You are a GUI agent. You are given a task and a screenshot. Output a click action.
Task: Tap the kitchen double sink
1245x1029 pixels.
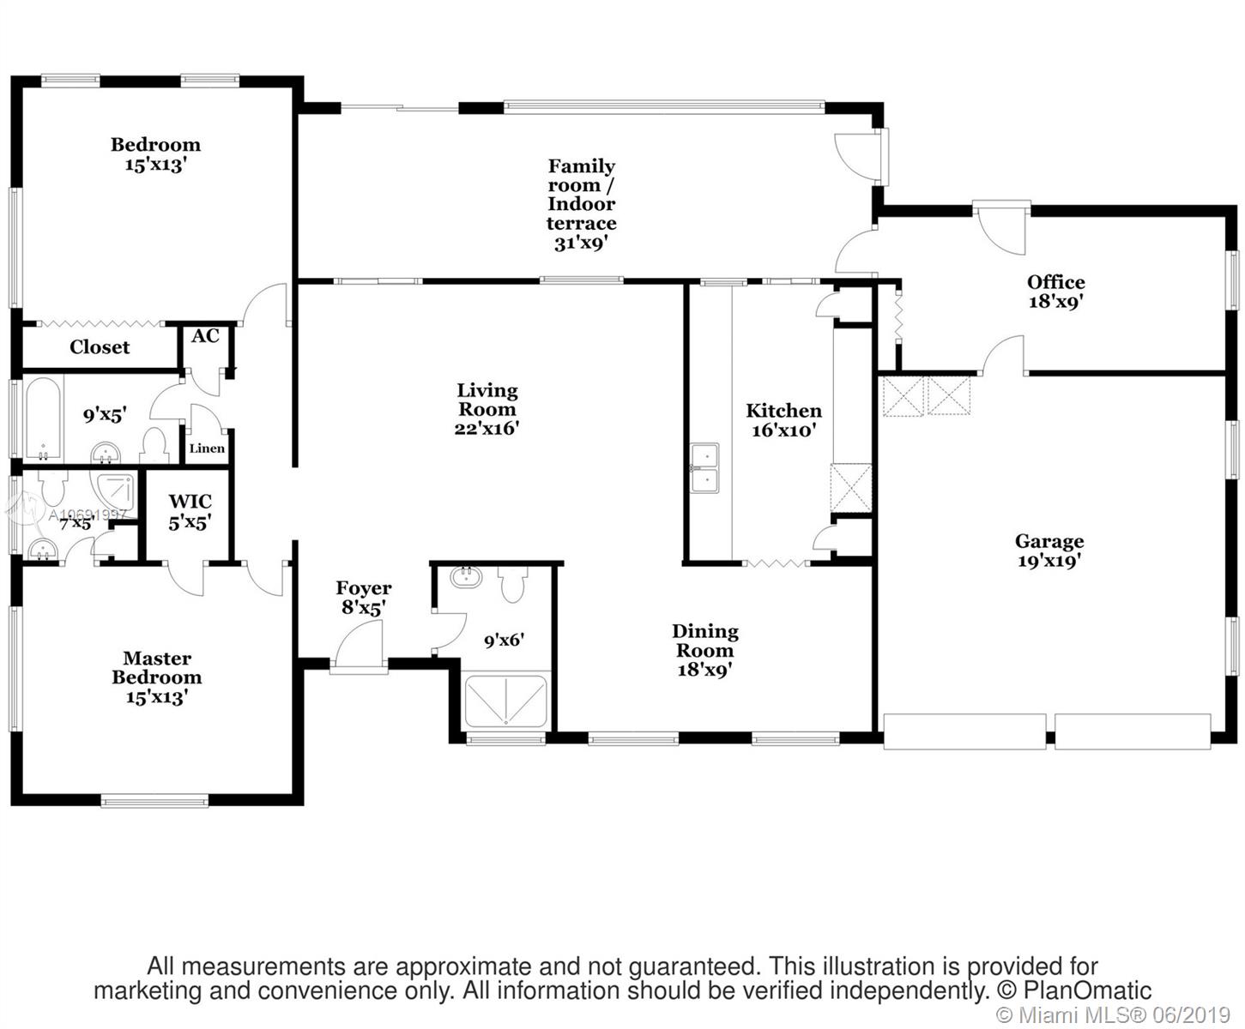click(704, 468)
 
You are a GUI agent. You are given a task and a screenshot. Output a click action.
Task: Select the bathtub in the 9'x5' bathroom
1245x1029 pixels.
click(43, 418)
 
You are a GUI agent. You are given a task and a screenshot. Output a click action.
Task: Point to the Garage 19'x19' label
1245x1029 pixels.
click(1049, 551)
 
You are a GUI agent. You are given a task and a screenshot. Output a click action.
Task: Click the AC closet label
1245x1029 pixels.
click(205, 336)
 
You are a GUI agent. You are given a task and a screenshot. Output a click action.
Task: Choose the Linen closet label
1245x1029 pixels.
click(207, 448)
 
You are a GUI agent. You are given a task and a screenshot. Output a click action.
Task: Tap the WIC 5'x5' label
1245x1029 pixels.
click(190, 513)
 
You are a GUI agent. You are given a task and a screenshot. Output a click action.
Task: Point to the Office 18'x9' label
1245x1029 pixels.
click(1056, 292)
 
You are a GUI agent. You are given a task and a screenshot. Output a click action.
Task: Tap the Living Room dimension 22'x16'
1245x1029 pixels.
click(487, 429)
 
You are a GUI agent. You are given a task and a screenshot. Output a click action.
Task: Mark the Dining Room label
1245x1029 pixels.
click(704, 641)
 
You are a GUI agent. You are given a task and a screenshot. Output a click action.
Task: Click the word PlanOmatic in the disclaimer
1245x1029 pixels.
click(1087, 990)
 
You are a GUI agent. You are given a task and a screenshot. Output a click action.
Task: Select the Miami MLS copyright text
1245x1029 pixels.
click(1113, 1014)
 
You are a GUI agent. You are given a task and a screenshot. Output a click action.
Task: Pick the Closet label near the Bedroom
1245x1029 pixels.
click(100, 347)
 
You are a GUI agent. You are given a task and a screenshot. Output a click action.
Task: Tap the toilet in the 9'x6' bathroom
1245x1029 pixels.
click(513, 583)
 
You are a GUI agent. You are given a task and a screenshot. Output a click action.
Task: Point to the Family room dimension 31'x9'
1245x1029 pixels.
click(581, 243)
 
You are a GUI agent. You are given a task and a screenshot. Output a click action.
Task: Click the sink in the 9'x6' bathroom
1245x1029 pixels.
click(466, 577)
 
